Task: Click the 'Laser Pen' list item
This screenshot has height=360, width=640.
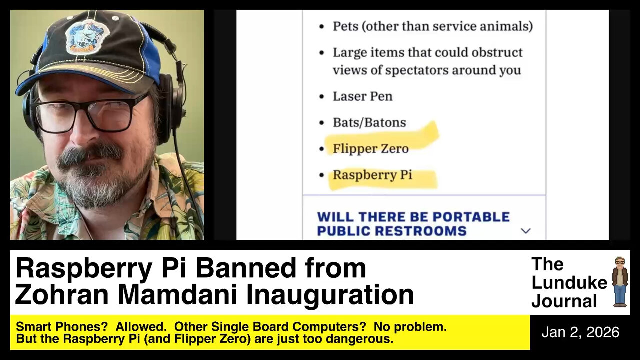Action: coord(362,96)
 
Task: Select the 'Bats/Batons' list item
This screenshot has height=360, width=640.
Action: coord(369,122)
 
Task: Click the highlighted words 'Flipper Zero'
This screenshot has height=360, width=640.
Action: coord(370,148)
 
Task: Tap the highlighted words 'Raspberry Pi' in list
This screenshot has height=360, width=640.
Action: coord(372,175)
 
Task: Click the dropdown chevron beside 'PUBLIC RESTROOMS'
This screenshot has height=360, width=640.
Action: coord(525,231)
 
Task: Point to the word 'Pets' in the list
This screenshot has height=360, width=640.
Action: coord(345,26)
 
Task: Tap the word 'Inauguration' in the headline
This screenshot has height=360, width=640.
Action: coord(330,294)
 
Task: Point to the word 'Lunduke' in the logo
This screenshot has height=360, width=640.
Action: coord(569,282)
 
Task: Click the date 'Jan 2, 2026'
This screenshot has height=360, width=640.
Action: coord(580,332)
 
